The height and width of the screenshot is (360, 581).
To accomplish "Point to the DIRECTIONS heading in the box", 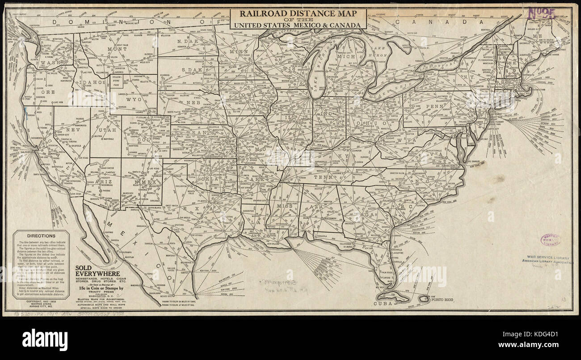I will (41, 236).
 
